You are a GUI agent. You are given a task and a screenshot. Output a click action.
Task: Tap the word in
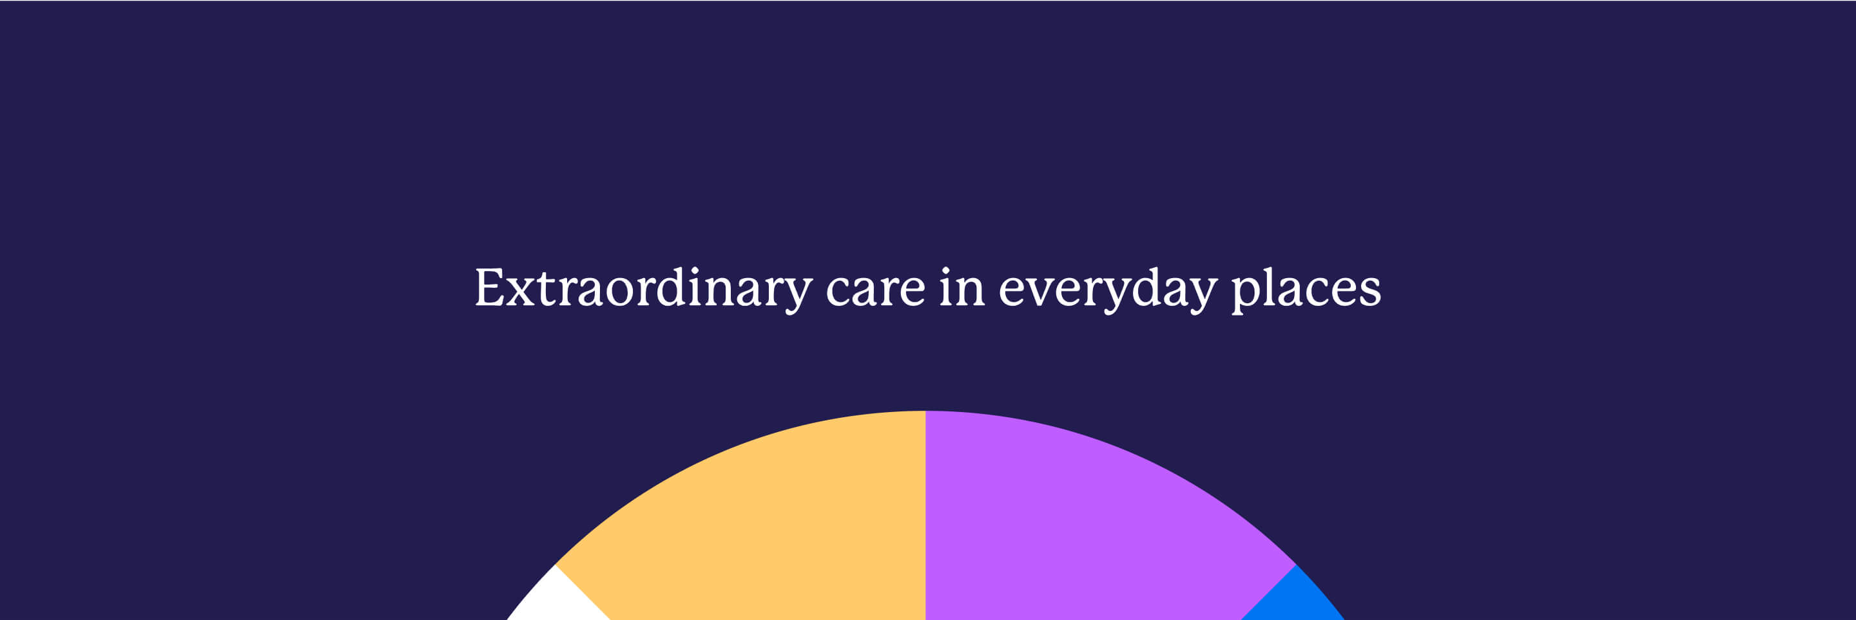tap(962, 287)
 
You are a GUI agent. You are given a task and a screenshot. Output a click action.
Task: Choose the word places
tap(1306, 290)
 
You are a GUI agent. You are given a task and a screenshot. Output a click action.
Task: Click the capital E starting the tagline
tap(489, 287)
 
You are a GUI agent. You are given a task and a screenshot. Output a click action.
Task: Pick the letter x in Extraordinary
tap(521, 291)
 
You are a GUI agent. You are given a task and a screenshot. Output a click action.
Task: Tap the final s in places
tap(1369, 291)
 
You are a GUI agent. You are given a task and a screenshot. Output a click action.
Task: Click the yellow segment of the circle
tap(764, 518)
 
